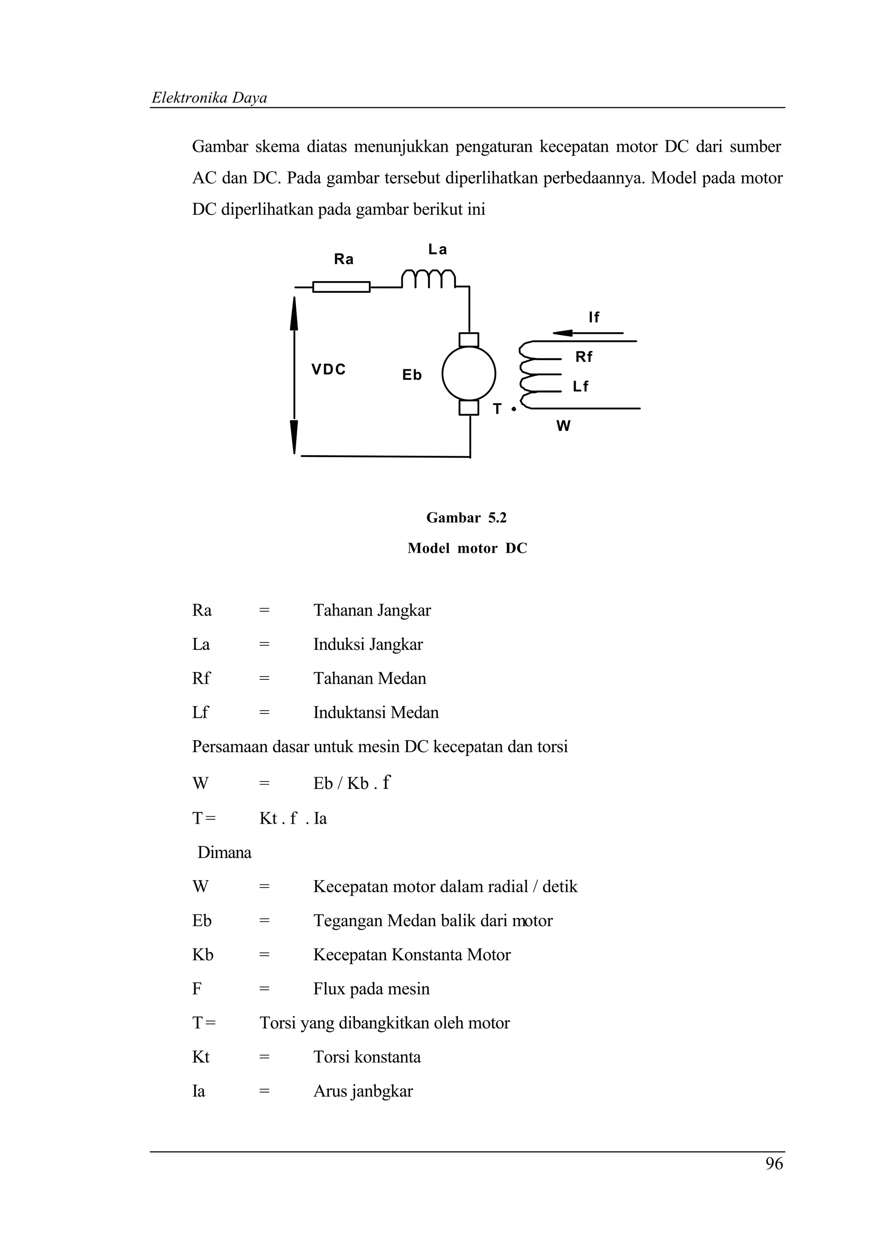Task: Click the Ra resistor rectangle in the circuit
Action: [x=341, y=287]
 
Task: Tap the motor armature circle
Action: [x=469, y=374]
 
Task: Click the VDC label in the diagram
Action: [x=329, y=370]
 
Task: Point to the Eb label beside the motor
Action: [x=412, y=375]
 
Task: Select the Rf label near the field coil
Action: [x=584, y=357]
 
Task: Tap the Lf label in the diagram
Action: [x=580, y=387]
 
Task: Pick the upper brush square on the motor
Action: [x=469, y=340]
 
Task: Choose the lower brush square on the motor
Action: [x=469, y=408]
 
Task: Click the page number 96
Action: [x=774, y=1163]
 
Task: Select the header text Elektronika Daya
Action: [x=209, y=98]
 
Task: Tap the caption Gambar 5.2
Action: [x=466, y=518]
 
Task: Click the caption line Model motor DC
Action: [x=467, y=548]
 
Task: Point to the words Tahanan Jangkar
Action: [x=372, y=610]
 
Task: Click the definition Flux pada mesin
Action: [x=371, y=989]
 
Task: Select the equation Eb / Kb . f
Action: [x=352, y=783]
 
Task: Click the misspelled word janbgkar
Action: [x=382, y=1091]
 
